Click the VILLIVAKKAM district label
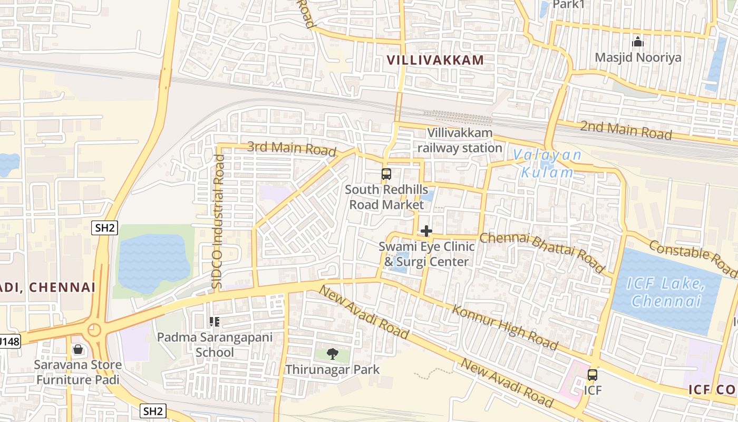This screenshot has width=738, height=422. coord(435,60)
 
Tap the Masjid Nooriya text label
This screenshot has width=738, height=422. coord(638,57)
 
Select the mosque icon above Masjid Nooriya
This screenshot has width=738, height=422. coord(638,42)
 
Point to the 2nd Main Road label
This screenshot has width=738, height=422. coord(626,130)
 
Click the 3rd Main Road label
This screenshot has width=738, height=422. coord(292,148)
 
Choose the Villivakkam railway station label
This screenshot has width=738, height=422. coord(460,140)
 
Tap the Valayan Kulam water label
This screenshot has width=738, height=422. coord(547,164)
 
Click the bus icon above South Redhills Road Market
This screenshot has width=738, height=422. coord(386,174)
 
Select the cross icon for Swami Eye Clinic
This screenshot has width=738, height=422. coord(426,231)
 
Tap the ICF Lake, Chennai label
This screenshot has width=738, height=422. coord(666,293)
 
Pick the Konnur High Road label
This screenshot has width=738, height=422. coord(505,327)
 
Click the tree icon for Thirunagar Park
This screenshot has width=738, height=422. coord(332,354)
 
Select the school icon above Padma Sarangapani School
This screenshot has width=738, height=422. coord(214,321)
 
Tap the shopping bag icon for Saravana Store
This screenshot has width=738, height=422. coord(78,349)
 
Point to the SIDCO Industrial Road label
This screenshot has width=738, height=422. coord(218,222)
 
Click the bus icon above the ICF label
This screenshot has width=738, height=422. coord(593,375)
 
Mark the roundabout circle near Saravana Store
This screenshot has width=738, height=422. coord(94,330)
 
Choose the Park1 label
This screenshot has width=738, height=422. coord(569,4)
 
